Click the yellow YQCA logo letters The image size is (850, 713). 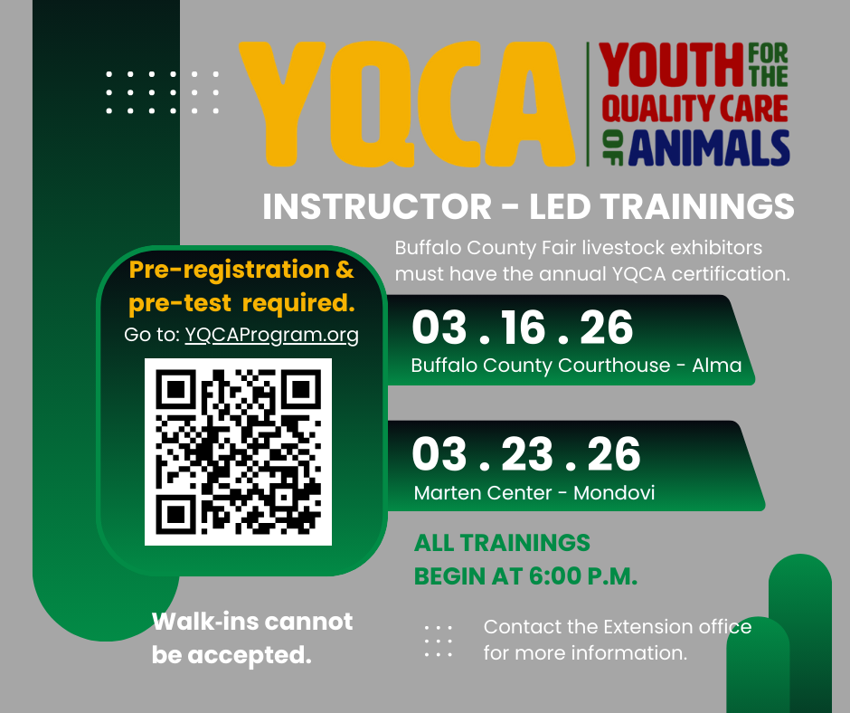407,103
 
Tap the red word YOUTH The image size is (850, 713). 671,64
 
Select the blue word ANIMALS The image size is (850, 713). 709,147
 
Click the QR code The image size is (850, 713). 238,452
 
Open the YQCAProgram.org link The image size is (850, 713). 271,335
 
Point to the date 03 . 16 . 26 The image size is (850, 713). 522,328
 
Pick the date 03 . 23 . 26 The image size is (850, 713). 526,454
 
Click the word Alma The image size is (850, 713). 717,366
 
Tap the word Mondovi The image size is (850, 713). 614,493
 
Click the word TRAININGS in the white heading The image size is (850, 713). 697,206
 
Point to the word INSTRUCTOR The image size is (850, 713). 377,206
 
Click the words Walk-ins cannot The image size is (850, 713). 252,622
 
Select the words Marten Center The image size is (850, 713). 483,493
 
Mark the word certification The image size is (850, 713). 731,273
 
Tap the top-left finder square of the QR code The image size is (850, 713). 175,389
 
